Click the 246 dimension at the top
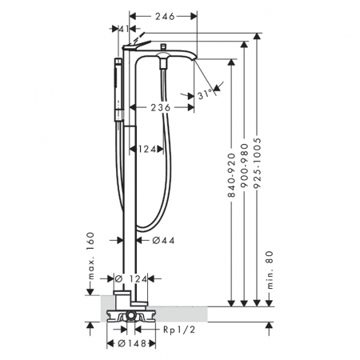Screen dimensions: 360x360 [x=165, y=17]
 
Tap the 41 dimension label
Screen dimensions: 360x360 [x=124, y=29]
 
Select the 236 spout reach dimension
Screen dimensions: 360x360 [x=161, y=108]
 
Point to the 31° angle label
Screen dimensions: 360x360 [x=205, y=94]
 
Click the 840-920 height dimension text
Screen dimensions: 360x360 [x=231, y=175]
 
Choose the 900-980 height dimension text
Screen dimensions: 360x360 [x=244, y=166]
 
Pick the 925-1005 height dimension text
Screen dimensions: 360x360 [x=257, y=163]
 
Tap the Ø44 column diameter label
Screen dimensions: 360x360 [x=163, y=241]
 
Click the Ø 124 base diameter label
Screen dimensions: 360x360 [x=130, y=279]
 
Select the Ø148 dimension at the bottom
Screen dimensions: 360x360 [x=132, y=344]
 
